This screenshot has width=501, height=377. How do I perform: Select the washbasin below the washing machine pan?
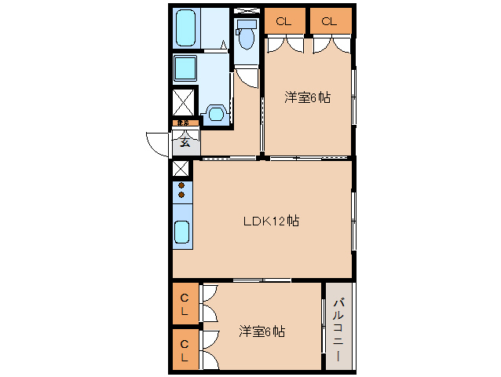click(213, 113)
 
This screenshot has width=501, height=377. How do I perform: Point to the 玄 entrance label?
click(185, 142)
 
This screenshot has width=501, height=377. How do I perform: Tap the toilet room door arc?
click(248, 77)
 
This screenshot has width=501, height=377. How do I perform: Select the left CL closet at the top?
click(283, 21)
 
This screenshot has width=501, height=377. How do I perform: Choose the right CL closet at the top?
click(329, 21)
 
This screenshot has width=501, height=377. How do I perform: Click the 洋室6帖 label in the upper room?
click(306, 97)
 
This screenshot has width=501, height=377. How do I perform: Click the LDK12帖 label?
click(269, 221)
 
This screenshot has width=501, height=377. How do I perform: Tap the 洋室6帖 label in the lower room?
click(261, 331)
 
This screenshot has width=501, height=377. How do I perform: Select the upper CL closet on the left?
click(185, 304)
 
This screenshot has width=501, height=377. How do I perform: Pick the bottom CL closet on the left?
click(185, 350)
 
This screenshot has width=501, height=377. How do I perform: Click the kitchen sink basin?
click(181, 233)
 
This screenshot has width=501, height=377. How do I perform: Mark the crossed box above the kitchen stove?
click(181, 168)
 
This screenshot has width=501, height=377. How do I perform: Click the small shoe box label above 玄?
click(182, 123)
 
